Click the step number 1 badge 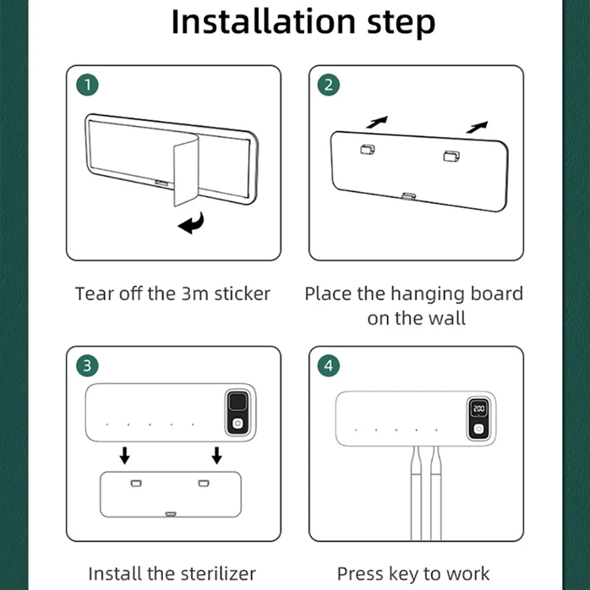tap(87, 85)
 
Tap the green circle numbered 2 tap(328, 85)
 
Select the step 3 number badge tap(87, 365)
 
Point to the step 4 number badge tap(328, 365)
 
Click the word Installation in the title tap(263, 21)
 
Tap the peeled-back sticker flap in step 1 tap(186, 170)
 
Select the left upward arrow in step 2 tap(377, 122)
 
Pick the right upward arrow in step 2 tap(477, 127)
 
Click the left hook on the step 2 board tap(367, 150)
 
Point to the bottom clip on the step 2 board tap(409, 196)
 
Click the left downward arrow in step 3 tap(125, 455)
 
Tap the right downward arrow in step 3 tap(217, 455)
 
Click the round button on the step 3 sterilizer tap(237, 423)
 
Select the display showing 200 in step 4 tap(479, 409)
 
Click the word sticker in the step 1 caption tap(243, 294)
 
